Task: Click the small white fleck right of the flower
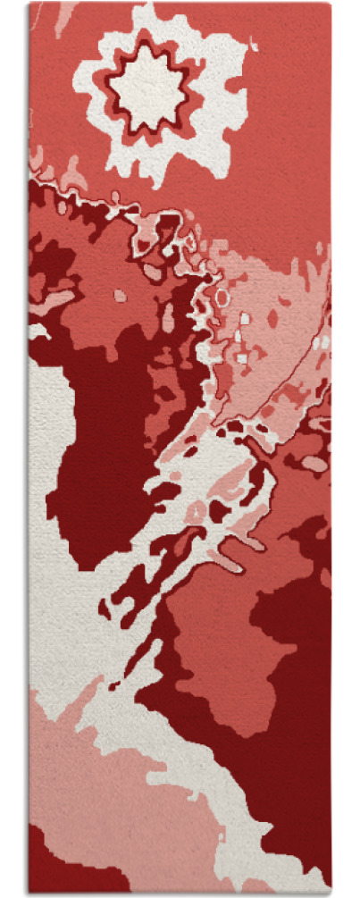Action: click(255, 46)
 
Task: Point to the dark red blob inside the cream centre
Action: click(219, 510)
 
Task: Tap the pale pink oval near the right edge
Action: click(314, 463)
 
